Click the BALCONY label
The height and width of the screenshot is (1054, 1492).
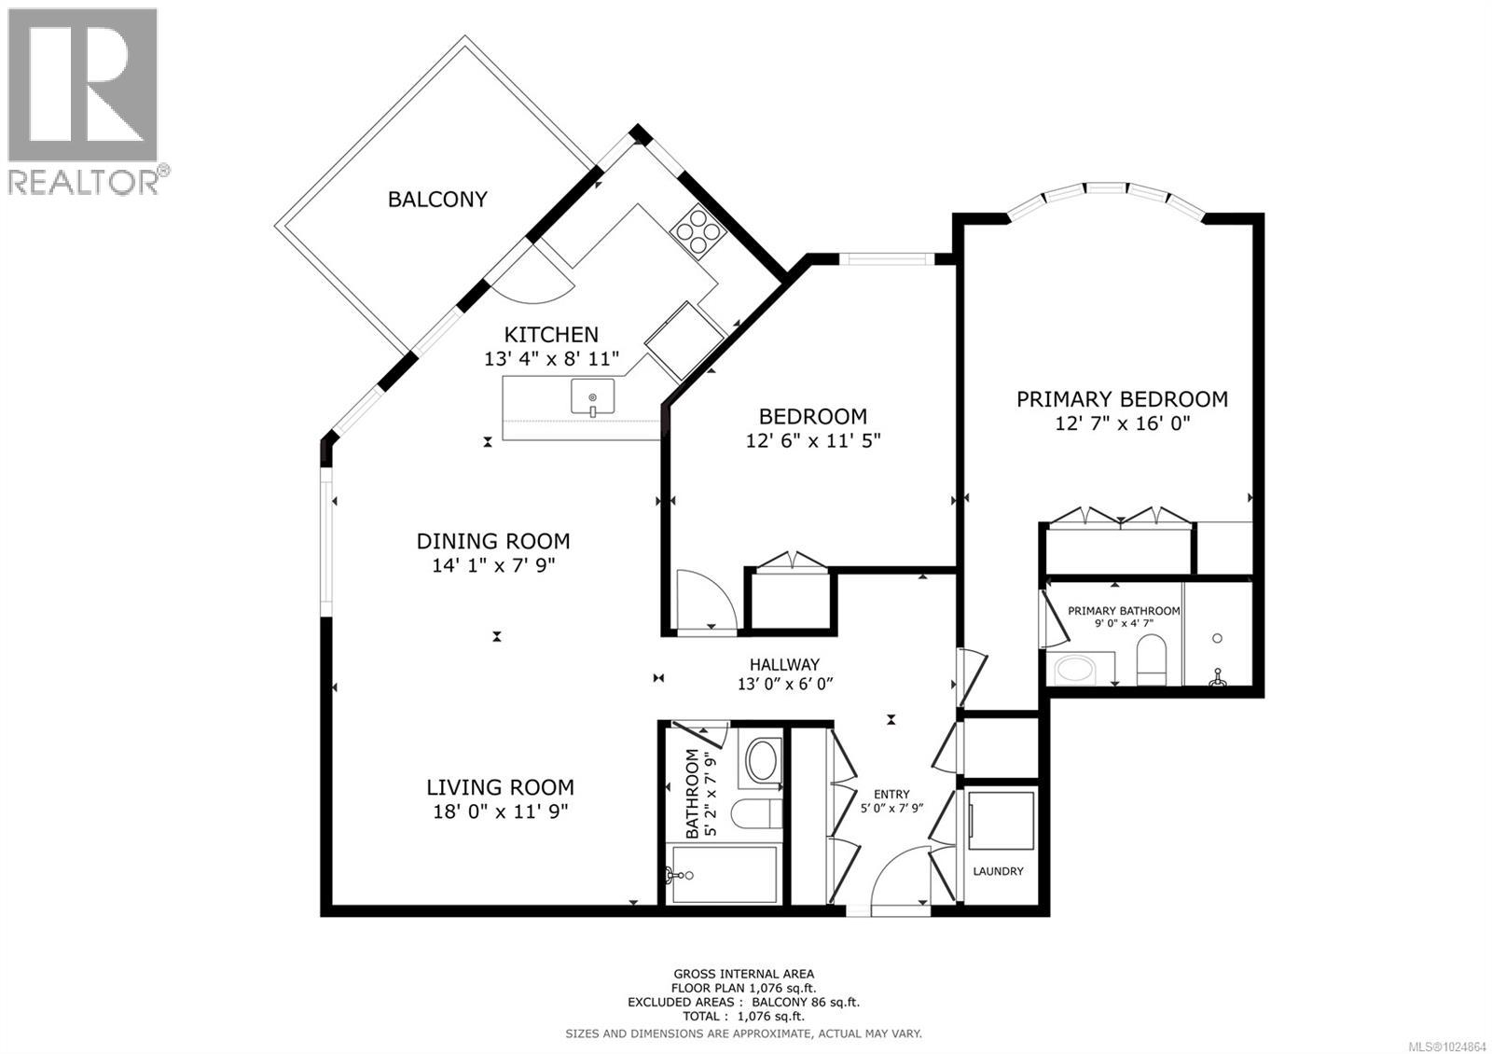(437, 199)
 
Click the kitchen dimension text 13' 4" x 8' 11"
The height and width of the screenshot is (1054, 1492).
(551, 359)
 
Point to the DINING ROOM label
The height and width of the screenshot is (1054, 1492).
(492, 541)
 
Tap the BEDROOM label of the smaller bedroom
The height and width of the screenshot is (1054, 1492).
(812, 416)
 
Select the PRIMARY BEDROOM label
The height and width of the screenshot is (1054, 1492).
(1122, 399)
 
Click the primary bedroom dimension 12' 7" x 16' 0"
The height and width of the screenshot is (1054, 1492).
(1122, 423)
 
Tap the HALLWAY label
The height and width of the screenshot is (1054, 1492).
(784, 665)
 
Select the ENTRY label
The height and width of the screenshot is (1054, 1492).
(891, 795)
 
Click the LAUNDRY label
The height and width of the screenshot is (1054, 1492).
(998, 871)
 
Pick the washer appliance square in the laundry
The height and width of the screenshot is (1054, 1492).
(1001, 821)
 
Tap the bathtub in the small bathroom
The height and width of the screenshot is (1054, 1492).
(724, 874)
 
